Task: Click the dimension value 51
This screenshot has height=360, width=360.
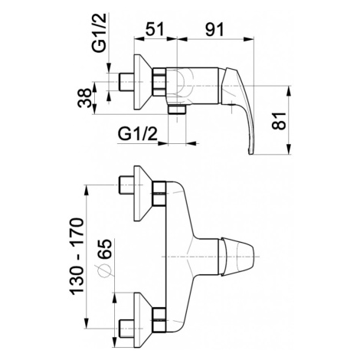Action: tap(155, 29)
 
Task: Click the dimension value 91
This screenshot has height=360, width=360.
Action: tap(214, 29)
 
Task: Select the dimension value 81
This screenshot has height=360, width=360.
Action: tap(279, 120)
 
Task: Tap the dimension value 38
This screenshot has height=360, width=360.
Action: tap(84, 98)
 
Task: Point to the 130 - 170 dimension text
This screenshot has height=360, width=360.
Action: tap(77, 257)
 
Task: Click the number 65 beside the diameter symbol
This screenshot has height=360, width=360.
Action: tap(105, 249)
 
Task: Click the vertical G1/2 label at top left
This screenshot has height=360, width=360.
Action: tap(100, 34)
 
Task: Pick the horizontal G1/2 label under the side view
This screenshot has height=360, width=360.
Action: tap(137, 133)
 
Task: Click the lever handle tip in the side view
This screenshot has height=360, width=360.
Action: tap(251, 152)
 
